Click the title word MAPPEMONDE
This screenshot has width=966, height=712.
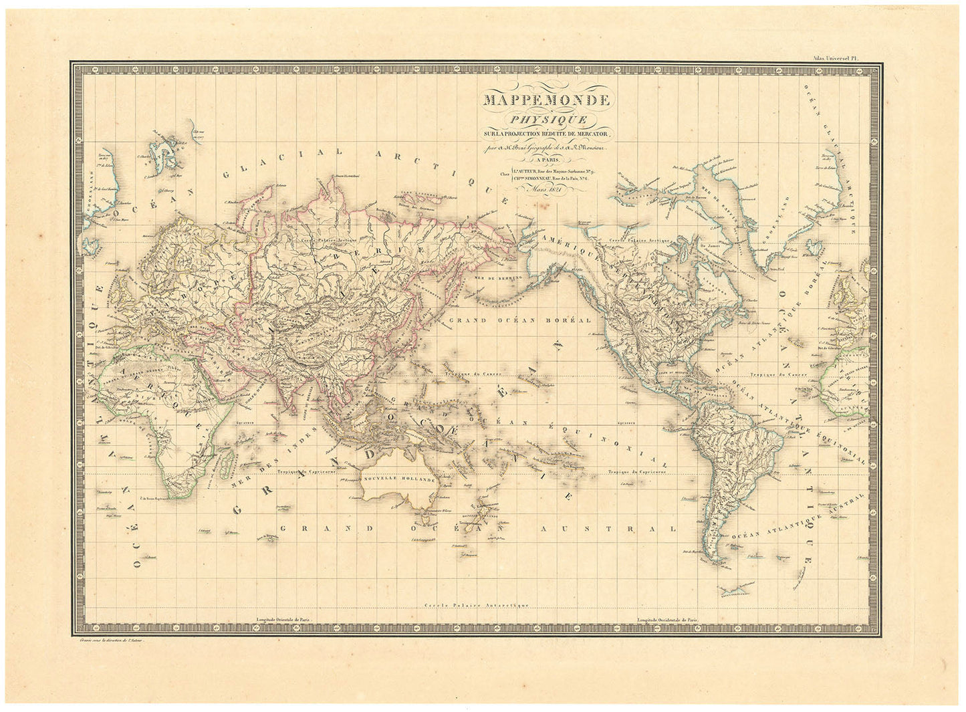pyautogui.click(x=542, y=102)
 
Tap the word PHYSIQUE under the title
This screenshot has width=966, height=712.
pyautogui.click(x=542, y=120)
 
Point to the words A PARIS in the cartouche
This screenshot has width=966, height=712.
pyautogui.click(x=542, y=160)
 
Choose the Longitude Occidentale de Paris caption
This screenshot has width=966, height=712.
pyautogui.click(x=669, y=620)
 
